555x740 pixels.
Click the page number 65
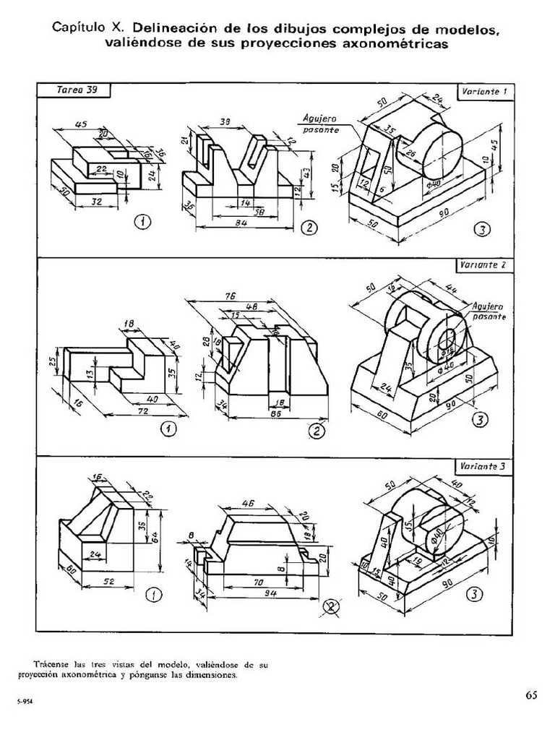click(531, 695)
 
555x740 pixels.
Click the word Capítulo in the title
click(78, 28)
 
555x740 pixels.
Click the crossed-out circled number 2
click(332, 606)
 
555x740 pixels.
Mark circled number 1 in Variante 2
click(168, 430)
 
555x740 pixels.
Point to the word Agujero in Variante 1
click(320, 121)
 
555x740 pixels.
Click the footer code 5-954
click(26, 701)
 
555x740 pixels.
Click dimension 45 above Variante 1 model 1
click(81, 124)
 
